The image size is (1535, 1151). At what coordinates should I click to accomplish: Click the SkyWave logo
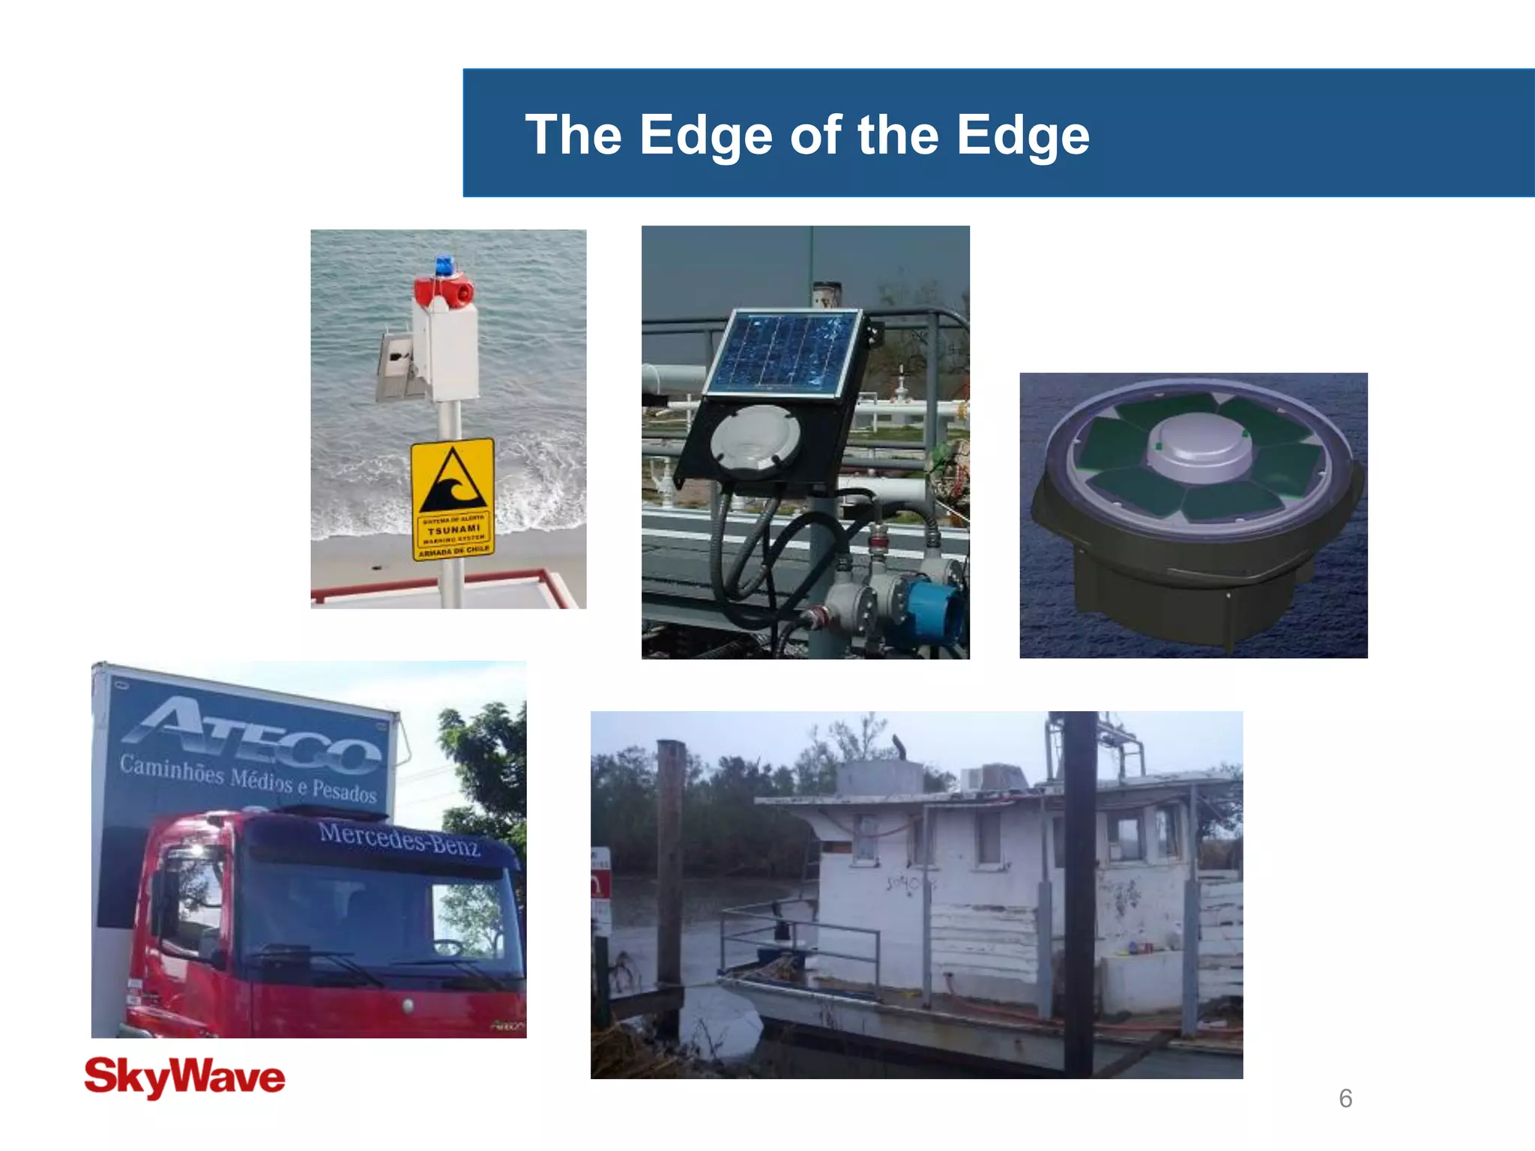tap(184, 1078)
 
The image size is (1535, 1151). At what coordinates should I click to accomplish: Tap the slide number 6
tap(1345, 1099)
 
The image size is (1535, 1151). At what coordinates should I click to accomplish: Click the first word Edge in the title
tap(705, 136)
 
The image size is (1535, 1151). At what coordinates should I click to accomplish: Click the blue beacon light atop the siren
tap(445, 266)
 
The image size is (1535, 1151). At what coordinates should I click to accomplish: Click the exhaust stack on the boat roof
tap(898, 746)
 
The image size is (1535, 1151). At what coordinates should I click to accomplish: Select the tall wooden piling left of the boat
tap(669, 862)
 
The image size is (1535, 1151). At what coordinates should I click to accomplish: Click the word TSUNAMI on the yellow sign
tap(453, 529)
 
